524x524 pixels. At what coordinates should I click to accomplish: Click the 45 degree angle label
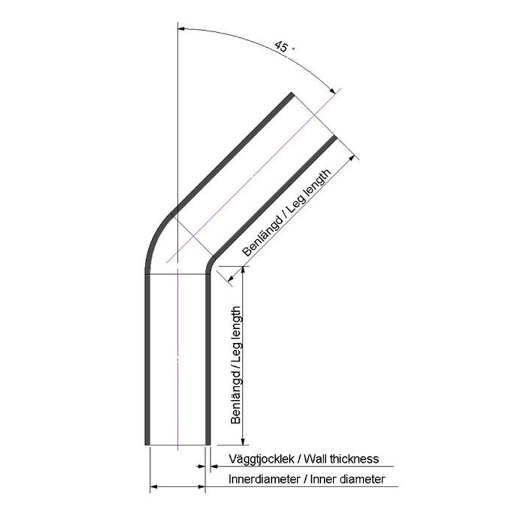click(284, 47)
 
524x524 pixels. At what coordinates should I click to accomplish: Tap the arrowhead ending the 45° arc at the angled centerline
click(332, 90)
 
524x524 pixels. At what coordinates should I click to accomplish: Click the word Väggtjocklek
click(261, 460)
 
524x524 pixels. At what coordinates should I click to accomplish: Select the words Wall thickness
click(341, 459)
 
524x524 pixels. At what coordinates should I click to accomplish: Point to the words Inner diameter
click(348, 479)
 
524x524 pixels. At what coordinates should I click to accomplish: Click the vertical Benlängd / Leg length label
click(236, 365)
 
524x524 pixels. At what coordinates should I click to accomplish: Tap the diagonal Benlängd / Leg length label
click(287, 212)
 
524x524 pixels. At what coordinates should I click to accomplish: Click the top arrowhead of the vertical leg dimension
click(243, 271)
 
